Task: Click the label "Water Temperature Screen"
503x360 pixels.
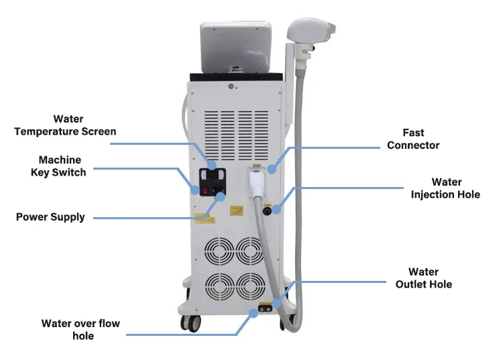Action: point(66,125)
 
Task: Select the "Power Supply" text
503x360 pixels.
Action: point(50,217)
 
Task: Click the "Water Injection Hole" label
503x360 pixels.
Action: point(446,188)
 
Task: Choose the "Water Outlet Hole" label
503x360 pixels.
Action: point(423,278)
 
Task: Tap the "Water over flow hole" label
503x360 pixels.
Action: point(80,329)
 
